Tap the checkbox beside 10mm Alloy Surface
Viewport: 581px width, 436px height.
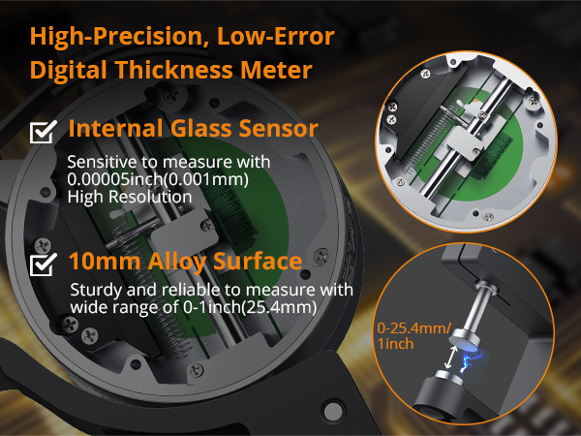click(44, 264)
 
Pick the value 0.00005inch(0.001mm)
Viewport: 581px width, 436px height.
click(144, 179)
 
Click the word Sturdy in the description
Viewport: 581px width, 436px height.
click(95, 291)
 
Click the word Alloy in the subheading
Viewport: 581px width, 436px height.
click(175, 262)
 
